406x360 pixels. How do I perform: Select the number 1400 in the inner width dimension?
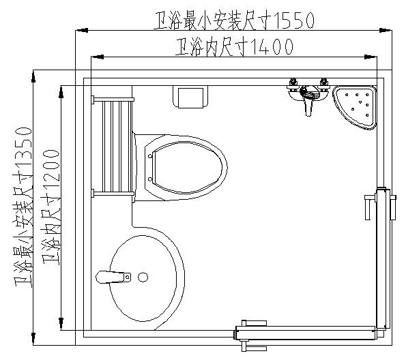[272, 47]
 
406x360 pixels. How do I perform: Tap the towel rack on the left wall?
[113, 146]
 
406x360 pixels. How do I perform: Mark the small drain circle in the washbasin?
[143, 277]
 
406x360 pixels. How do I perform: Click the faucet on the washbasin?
[113, 277]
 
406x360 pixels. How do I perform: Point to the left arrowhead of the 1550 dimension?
[80, 30]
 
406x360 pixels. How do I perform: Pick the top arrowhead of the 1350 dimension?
[33, 74]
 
